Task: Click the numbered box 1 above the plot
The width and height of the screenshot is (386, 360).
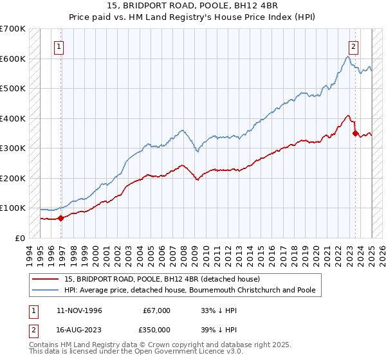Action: tap(59, 46)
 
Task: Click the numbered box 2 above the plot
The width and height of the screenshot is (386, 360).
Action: tap(354, 46)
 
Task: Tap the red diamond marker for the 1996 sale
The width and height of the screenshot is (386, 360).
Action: tap(61, 218)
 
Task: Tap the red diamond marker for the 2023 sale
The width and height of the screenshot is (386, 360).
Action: tap(355, 134)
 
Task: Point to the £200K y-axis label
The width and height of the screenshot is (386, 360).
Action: tap(14, 178)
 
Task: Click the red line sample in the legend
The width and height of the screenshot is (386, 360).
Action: tap(46, 279)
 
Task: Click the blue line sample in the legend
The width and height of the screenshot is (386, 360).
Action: tap(46, 290)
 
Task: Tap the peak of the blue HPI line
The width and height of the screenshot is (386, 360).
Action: tap(347, 57)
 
